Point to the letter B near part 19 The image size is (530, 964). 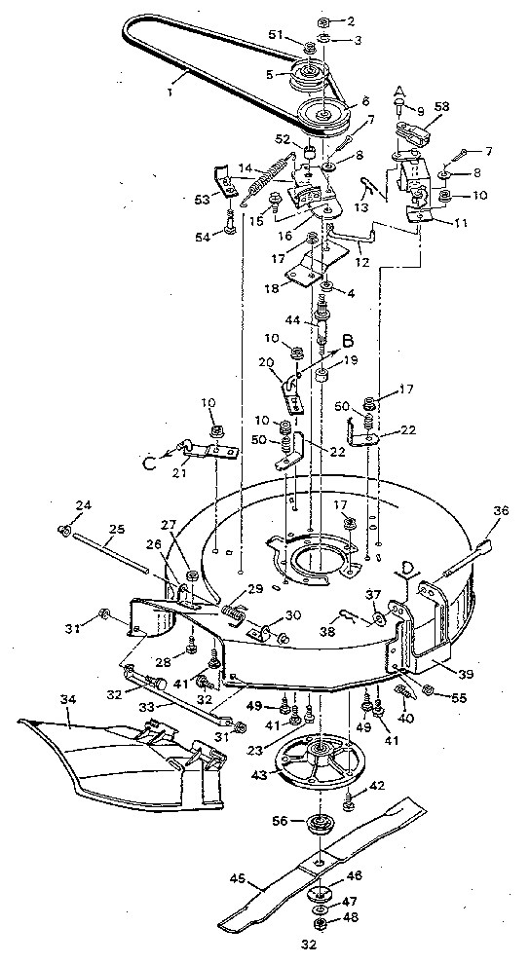(346, 342)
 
